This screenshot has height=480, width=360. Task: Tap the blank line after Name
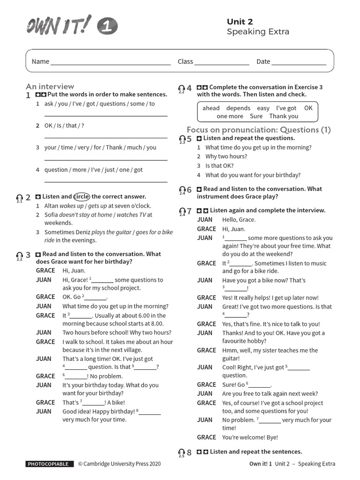tap(111, 62)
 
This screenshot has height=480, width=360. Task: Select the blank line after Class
tap(222, 62)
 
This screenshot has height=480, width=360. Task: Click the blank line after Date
tap(299, 62)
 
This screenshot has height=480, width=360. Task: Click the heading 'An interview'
tap(50, 86)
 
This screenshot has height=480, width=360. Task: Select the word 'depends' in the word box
tap(238, 108)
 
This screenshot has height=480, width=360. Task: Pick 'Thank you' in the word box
tap(284, 116)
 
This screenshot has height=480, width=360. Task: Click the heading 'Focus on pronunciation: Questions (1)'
tap(259, 130)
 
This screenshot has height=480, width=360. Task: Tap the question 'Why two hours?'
tap(226, 157)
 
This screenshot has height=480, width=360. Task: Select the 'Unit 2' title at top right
tap(240, 22)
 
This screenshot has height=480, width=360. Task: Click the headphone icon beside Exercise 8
tap(182, 452)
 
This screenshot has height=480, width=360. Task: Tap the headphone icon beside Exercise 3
tap(20, 255)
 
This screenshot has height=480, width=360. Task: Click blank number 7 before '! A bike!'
tap(94, 403)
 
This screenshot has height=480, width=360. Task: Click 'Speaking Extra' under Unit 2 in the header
tap(258, 32)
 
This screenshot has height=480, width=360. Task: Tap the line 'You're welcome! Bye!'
tap(250, 437)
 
